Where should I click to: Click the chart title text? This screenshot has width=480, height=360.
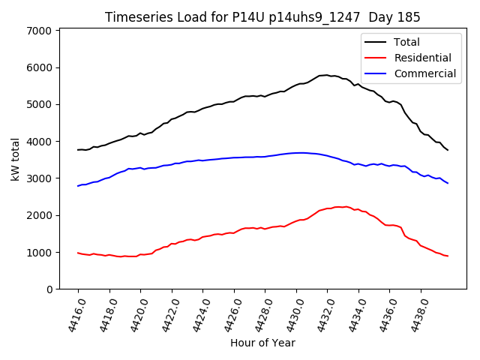(262, 17)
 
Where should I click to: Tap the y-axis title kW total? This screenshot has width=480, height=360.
(15, 160)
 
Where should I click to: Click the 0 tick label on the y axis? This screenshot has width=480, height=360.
(48, 289)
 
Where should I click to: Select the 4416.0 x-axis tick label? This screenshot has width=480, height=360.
(73, 314)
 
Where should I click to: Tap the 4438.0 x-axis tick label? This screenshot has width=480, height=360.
(415, 314)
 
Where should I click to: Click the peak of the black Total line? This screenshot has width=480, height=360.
(326, 75)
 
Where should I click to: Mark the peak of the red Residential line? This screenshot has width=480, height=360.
(341, 206)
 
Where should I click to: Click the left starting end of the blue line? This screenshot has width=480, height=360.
(78, 186)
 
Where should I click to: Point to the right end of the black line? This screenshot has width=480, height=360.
(448, 150)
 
